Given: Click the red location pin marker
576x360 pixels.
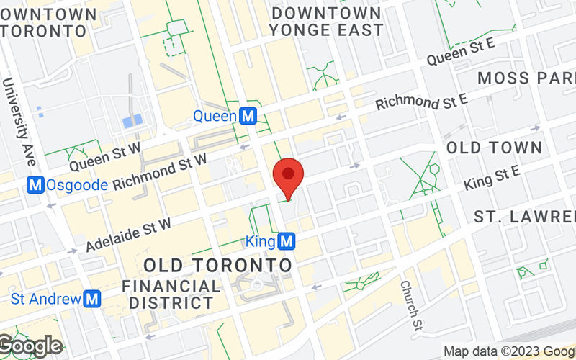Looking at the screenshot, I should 289,176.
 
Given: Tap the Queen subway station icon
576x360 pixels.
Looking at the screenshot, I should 249,116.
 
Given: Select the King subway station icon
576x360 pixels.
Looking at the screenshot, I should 287,240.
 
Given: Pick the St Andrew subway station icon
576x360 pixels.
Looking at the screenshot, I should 91,298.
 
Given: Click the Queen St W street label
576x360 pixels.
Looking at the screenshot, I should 104,155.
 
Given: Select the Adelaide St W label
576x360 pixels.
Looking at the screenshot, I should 128,235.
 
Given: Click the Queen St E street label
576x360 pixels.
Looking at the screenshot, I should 461,53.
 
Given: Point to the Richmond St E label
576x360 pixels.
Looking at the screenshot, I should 422,101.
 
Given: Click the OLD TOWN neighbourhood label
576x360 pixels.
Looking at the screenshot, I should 494,148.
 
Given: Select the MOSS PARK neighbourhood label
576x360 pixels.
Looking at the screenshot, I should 526,78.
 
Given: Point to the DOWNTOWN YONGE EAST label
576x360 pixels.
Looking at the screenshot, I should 327,22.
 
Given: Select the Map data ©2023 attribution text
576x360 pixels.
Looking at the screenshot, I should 508,352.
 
